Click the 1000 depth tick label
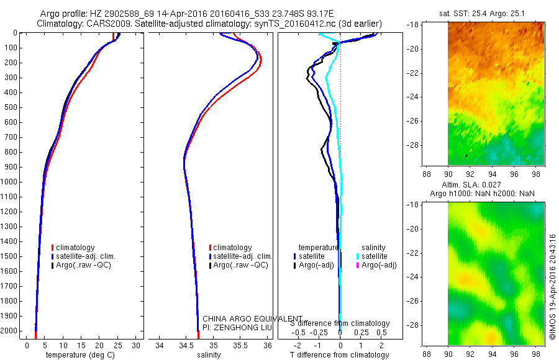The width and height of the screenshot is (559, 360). (11, 182)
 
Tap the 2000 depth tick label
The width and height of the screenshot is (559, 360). (11, 331)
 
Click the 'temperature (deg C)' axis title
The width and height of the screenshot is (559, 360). (80, 355)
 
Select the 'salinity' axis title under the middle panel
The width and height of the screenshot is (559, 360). (209, 355)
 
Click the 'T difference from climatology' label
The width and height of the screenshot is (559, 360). (339, 355)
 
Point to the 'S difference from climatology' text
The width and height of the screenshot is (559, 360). (340, 323)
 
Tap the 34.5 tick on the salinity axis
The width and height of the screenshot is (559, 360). (187, 345)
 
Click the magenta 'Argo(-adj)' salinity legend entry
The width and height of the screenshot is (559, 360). (379, 265)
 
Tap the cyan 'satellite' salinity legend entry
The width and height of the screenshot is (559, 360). (375, 256)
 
